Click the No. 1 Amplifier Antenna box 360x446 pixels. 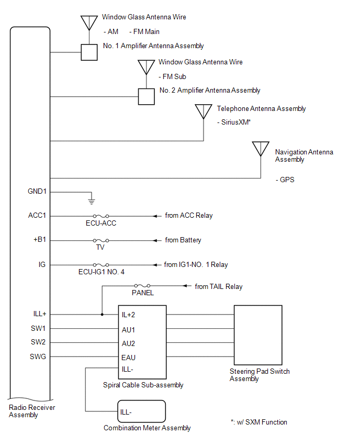pos(88,52)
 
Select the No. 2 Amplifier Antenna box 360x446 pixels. pos(146,96)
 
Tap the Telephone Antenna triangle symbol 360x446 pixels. pos(204,111)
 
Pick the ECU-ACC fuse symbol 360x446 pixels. pos(101,216)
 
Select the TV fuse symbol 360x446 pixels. pos(101,240)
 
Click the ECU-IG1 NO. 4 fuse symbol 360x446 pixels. pos(101,265)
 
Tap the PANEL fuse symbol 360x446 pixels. pos(142,286)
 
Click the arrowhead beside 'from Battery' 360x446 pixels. pos(155,240)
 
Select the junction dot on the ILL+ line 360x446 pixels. pos(102,315)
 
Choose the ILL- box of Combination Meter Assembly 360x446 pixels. pos(142,411)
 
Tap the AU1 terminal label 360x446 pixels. pos(128,329)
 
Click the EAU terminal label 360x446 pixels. pos(129,358)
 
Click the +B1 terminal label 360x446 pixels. pos(40,240)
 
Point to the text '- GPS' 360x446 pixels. pos(285,180)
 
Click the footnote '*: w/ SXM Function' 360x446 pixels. pos(258,422)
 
